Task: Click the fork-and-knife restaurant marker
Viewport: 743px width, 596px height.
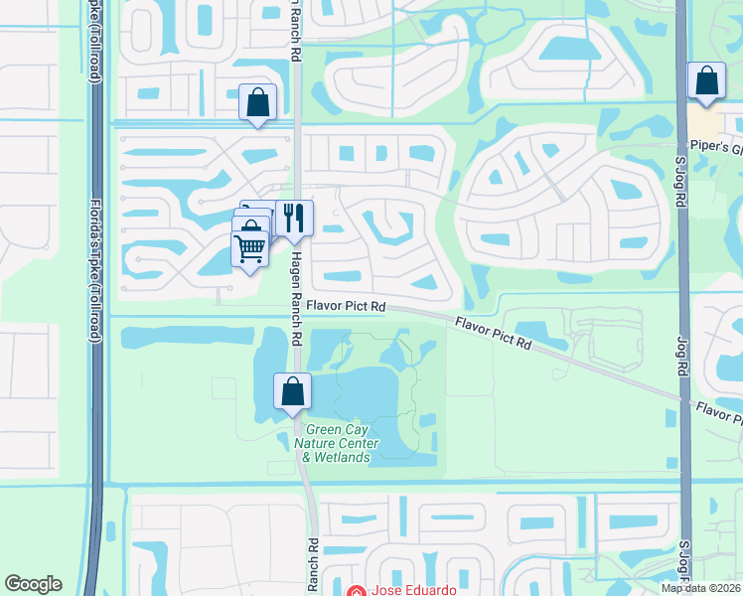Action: click(x=294, y=217)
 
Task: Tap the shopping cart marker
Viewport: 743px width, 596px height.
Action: click(x=250, y=246)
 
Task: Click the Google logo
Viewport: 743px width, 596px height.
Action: click(x=33, y=584)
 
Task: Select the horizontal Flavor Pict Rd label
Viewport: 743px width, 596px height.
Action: click(x=346, y=307)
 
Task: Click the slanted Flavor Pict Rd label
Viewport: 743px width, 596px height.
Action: click(x=494, y=334)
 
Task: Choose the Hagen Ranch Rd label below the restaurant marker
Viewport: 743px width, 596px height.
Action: click(x=295, y=297)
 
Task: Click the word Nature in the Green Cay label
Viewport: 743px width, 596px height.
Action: click(x=325, y=443)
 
